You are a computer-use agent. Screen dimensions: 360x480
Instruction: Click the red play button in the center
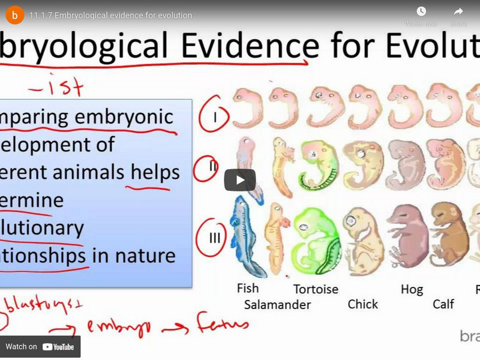pos(240,180)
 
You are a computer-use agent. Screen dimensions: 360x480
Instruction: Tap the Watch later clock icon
pos(421,12)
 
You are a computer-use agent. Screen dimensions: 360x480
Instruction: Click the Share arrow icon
pos(458,12)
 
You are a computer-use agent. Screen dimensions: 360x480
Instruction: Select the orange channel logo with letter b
pos(15,14)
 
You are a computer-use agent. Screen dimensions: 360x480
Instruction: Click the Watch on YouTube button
pos(40,347)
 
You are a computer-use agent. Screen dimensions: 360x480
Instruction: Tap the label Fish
pos(248,288)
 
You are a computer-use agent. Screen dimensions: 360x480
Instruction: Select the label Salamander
pos(277,305)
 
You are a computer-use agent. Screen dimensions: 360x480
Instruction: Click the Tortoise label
pos(316,289)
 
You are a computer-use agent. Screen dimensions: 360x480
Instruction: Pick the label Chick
pos(363,304)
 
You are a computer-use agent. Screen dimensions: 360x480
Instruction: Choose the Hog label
pos(412,289)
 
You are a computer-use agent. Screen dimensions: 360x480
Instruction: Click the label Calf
pos(443,304)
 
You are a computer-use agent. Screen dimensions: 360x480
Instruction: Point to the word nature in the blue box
pos(143,256)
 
